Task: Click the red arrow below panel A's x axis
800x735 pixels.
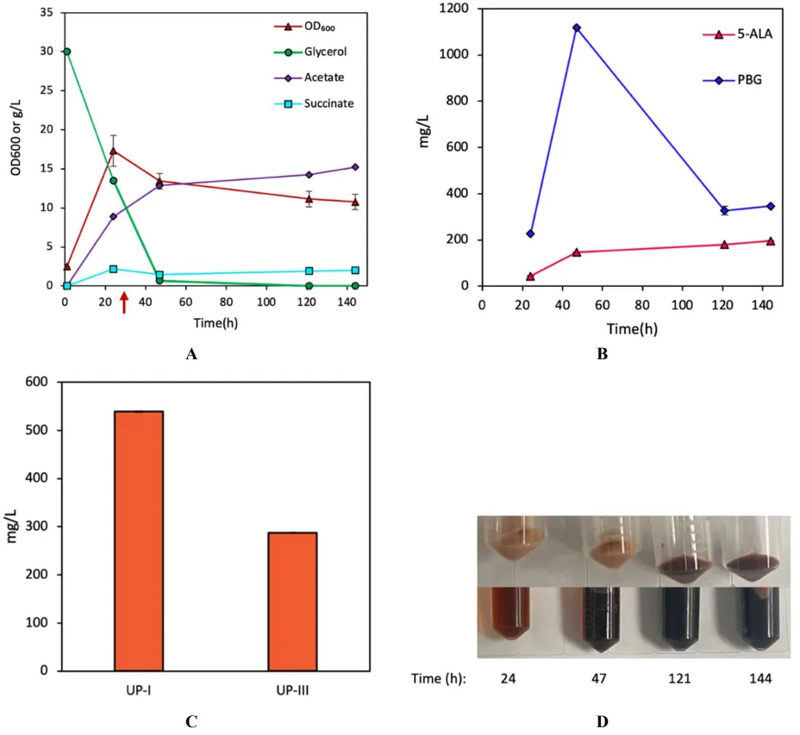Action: click(124, 302)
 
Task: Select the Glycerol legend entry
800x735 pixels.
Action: click(297, 52)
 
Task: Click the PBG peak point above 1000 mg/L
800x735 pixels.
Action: click(577, 28)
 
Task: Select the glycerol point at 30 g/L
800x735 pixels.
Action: click(66, 52)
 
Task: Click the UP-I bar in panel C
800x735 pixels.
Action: click(139, 540)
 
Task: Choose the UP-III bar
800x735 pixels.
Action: click(292, 601)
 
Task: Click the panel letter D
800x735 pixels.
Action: click(603, 721)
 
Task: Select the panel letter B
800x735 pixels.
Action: click(603, 353)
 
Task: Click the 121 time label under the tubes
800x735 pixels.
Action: click(678, 679)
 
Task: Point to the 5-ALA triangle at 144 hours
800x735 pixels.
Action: click(770, 241)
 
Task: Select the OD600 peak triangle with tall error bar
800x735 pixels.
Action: click(113, 151)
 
